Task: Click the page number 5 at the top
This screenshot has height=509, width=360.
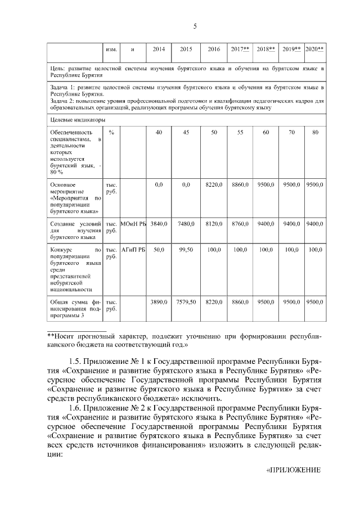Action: click(195, 26)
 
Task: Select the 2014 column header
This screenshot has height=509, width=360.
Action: click(159, 49)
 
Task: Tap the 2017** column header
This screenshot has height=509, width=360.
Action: click(240, 49)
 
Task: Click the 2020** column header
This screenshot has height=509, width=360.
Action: click(314, 49)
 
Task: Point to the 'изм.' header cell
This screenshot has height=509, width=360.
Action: click(111, 49)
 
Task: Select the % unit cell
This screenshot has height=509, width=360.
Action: click(111, 132)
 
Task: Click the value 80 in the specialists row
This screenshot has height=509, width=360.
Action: click(315, 132)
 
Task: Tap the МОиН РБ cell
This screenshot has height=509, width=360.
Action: click(133, 224)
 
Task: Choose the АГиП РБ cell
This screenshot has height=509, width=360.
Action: click(133, 249)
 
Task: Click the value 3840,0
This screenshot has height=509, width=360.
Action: click(159, 224)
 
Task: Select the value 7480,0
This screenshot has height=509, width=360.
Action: click(186, 224)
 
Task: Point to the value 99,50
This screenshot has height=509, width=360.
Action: click(186, 249)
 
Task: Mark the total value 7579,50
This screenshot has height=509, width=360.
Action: click(186, 302)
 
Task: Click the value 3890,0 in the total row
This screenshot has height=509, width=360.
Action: click(159, 302)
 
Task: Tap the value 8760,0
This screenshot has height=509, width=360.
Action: click(240, 224)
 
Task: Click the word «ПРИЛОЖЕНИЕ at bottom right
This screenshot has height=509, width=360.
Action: click(292, 470)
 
